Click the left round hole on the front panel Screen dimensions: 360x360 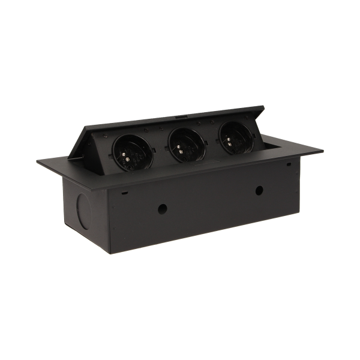pyautogui.click(x=162, y=210)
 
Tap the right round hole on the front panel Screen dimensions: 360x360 pyautogui.click(x=259, y=191)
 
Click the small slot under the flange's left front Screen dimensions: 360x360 pyautogui.click(x=124, y=193)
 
